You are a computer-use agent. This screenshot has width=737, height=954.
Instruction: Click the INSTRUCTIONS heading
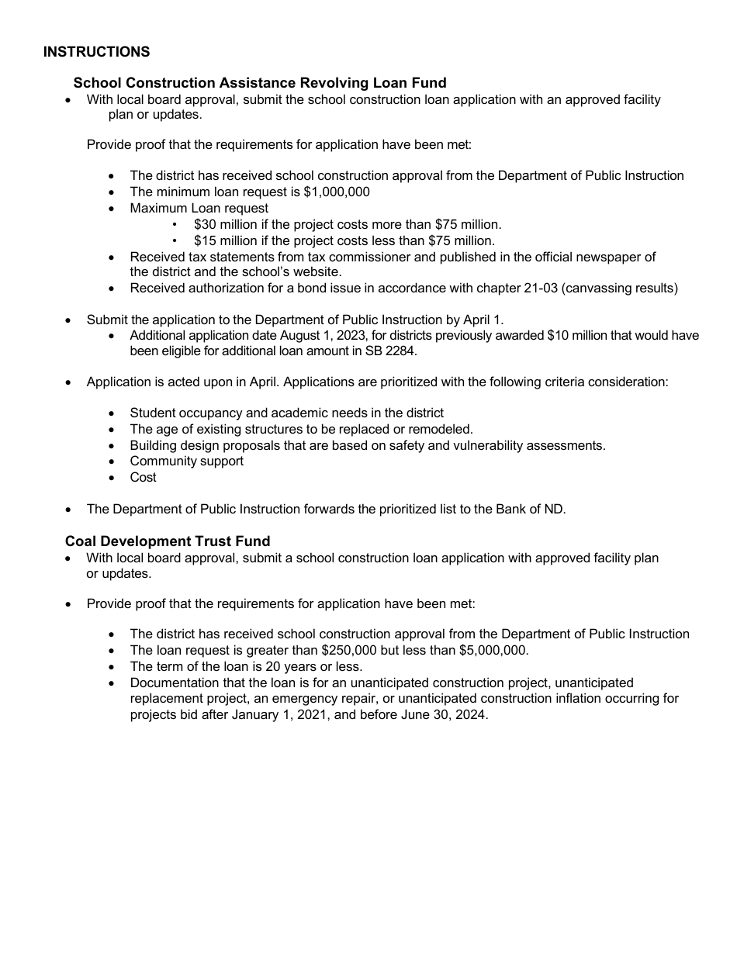click(96, 52)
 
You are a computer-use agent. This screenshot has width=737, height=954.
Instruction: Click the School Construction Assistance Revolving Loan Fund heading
click(260, 83)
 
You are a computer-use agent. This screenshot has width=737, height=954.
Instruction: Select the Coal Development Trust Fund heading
click(168, 541)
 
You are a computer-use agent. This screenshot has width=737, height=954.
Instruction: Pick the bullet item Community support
click(186, 461)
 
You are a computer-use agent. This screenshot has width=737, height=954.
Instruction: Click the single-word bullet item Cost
click(143, 478)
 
